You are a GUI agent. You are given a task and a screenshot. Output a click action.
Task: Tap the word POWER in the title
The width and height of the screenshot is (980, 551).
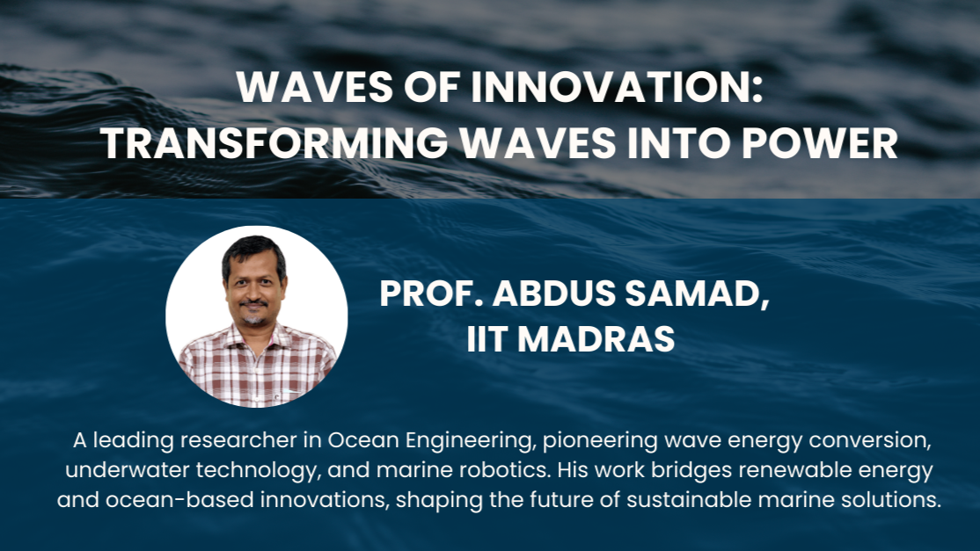(x=819, y=143)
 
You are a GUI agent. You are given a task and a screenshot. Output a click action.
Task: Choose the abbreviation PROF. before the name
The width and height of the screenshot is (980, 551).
(x=431, y=294)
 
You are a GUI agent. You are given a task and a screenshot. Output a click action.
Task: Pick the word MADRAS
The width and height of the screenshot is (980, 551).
(x=596, y=339)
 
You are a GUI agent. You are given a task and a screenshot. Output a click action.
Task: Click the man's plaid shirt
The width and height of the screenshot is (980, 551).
(x=258, y=367)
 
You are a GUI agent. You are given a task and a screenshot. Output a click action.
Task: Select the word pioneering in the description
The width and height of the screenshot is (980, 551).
(x=601, y=441)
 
